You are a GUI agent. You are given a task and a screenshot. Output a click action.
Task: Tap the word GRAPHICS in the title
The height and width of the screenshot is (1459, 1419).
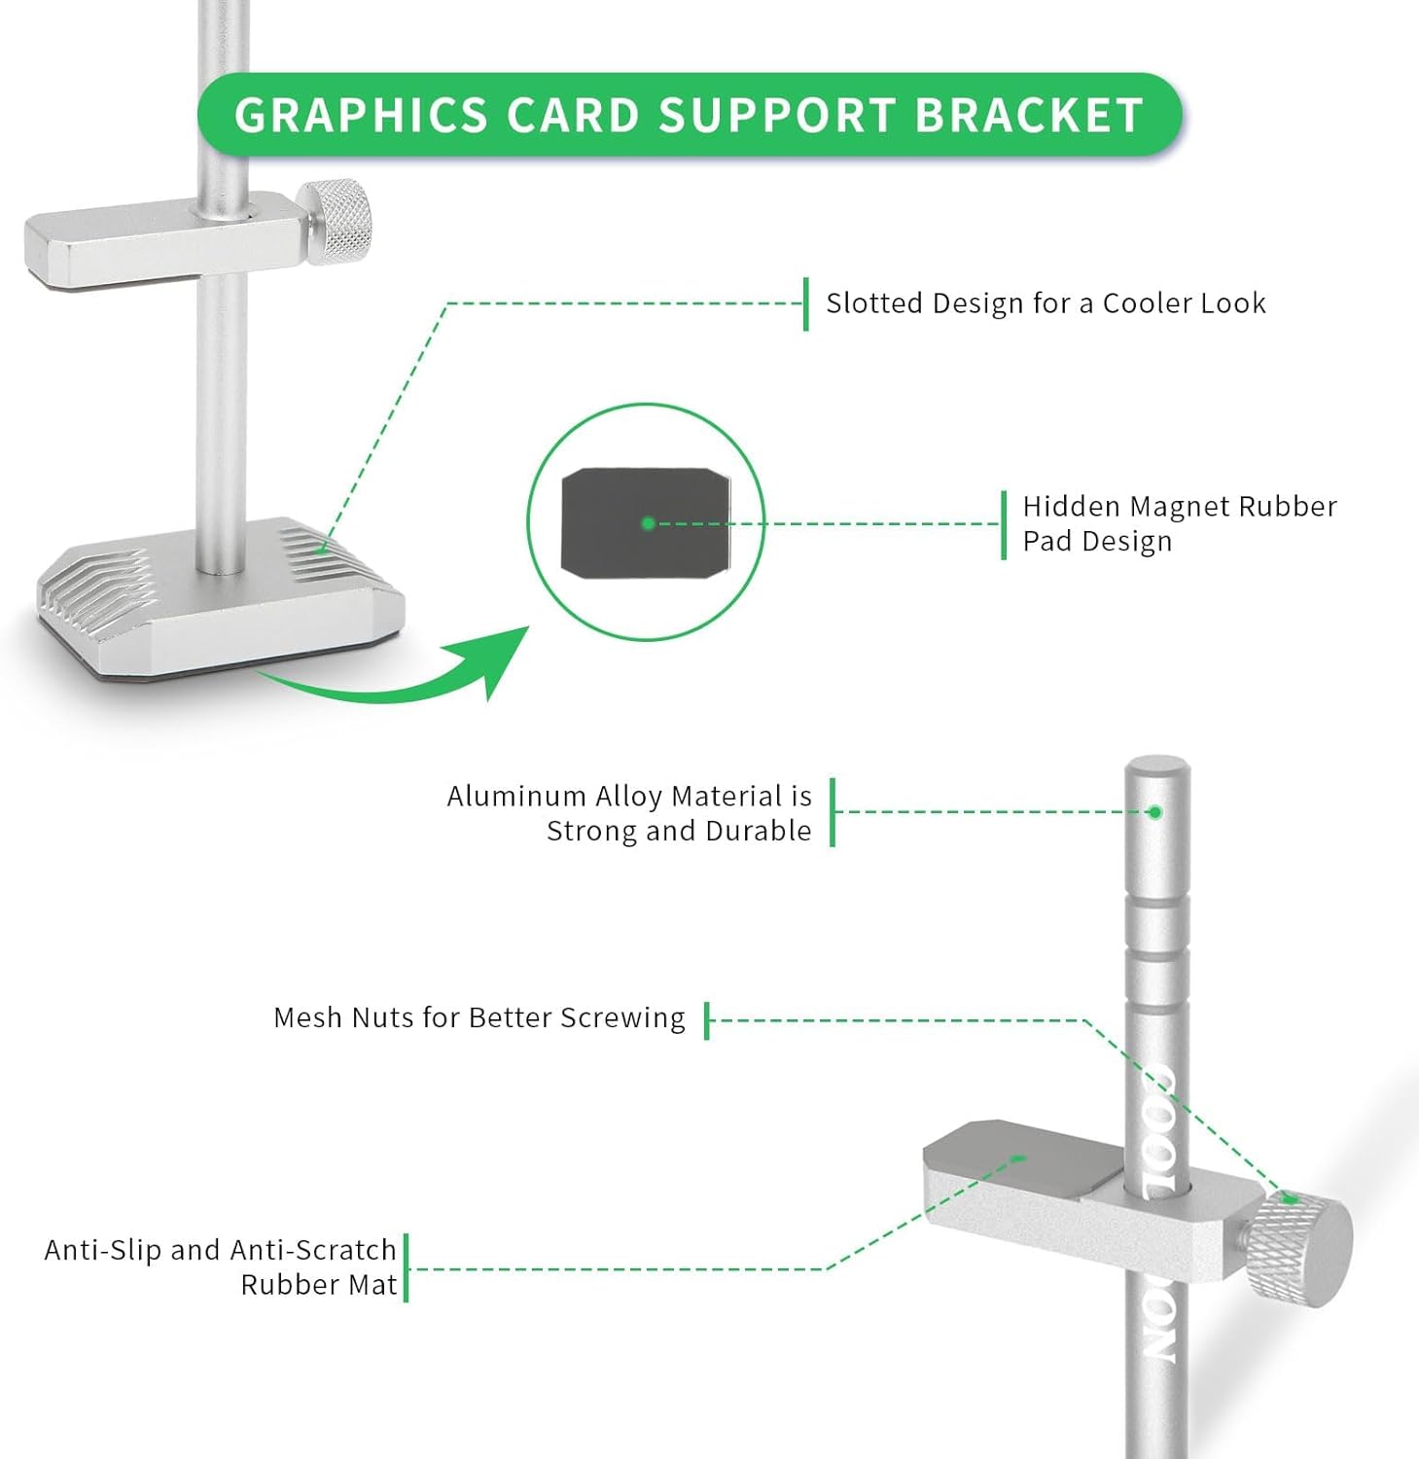point(361,115)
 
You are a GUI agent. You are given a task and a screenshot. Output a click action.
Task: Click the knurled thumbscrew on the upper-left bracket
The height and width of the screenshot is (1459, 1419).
point(337,222)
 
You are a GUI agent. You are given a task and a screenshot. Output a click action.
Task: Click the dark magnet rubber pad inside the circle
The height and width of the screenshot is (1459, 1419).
point(646,522)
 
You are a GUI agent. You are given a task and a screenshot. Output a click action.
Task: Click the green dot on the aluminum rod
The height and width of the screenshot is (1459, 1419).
point(1155,812)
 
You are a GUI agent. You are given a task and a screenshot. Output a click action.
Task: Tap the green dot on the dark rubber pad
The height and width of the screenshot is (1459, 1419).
point(649,523)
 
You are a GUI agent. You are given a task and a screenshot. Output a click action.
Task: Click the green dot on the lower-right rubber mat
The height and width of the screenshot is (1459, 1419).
point(1018,1158)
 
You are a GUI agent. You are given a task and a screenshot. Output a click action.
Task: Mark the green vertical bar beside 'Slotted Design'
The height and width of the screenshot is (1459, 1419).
point(806,303)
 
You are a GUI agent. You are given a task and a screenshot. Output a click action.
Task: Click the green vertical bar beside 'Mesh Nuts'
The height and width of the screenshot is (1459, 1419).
point(707,1020)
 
